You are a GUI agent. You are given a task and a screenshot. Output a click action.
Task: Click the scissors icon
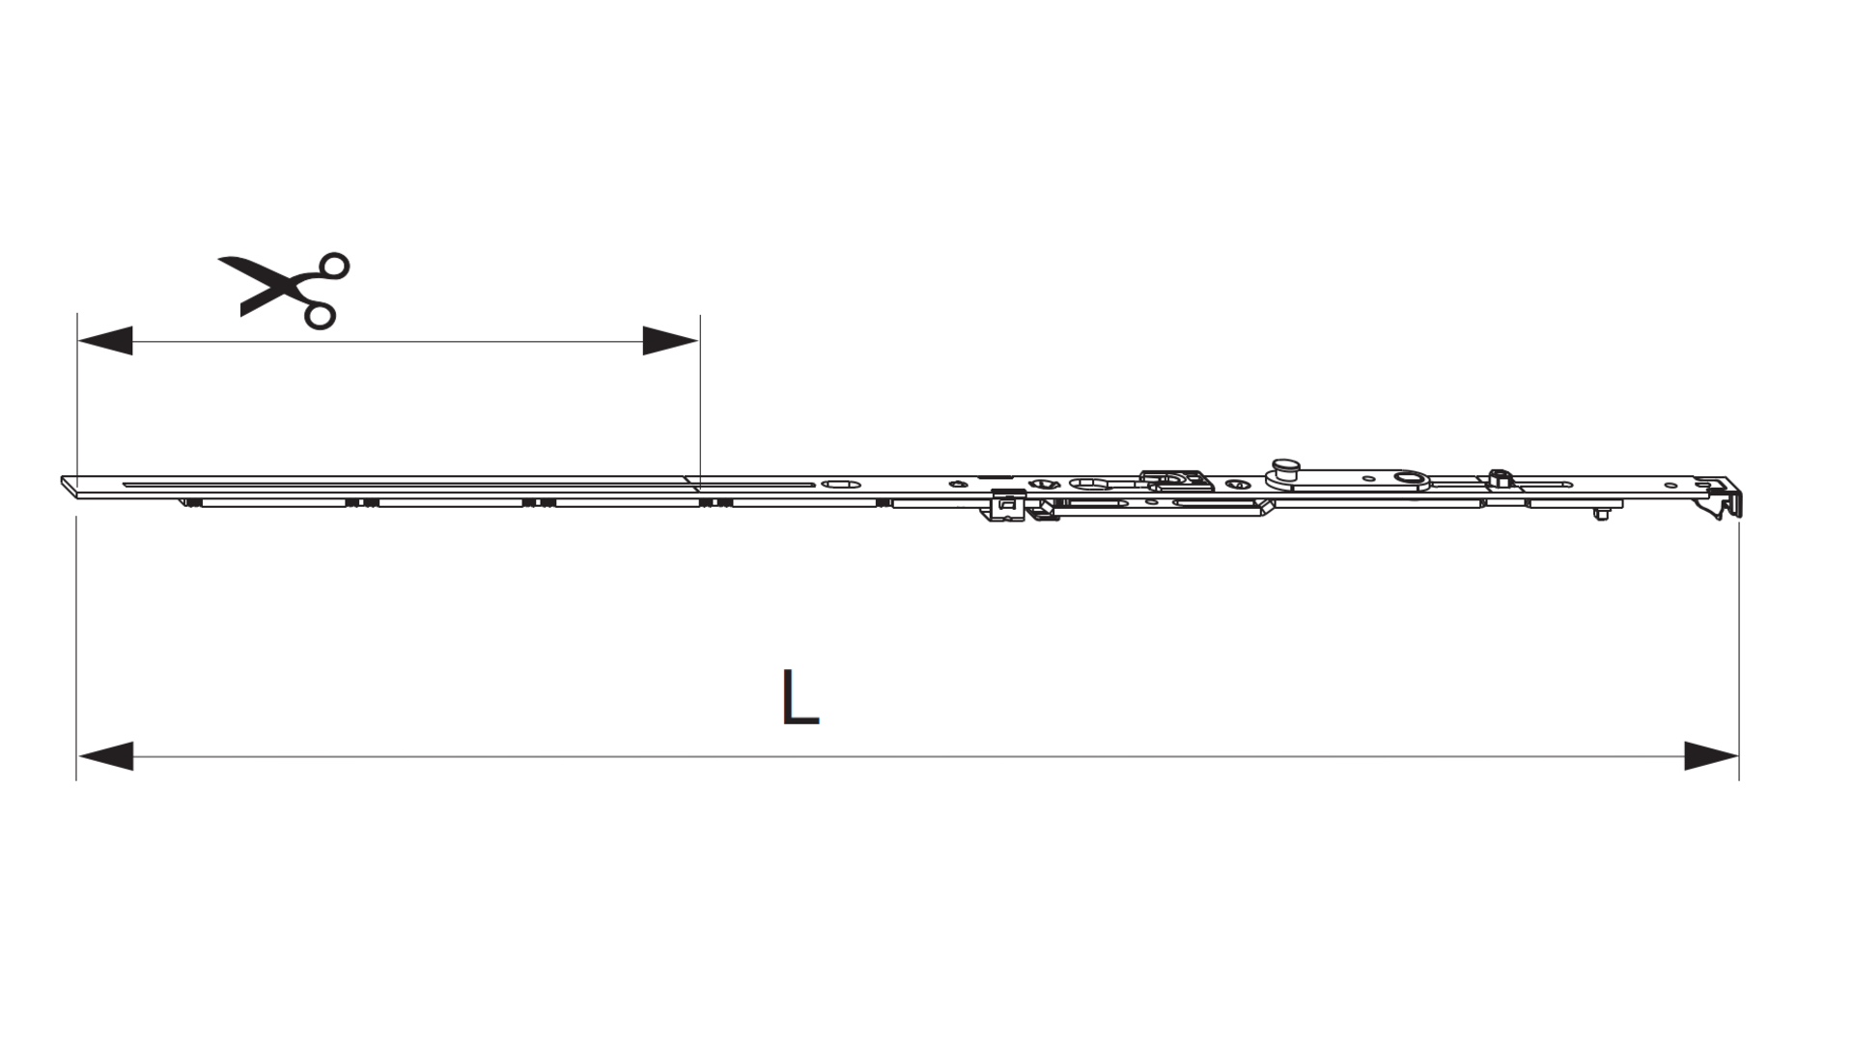coord(285,289)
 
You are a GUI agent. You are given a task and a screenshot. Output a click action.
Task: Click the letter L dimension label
coord(800,697)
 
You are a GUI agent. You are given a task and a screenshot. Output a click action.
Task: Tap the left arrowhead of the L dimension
coord(105,756)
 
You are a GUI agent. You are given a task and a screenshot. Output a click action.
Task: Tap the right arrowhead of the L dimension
coord(1711,756)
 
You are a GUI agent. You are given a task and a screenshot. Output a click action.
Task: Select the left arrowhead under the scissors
coord(105,341)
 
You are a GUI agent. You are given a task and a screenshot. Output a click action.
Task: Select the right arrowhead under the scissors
coord(671,341)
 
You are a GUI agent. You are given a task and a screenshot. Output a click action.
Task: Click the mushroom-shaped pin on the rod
coord(1284,467)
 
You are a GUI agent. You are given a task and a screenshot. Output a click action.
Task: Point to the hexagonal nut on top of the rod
coord(1499,477)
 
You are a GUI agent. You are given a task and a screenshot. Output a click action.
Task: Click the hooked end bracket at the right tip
coord(1722,496)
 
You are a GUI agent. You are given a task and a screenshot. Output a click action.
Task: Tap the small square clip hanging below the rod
coord(1008,505)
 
